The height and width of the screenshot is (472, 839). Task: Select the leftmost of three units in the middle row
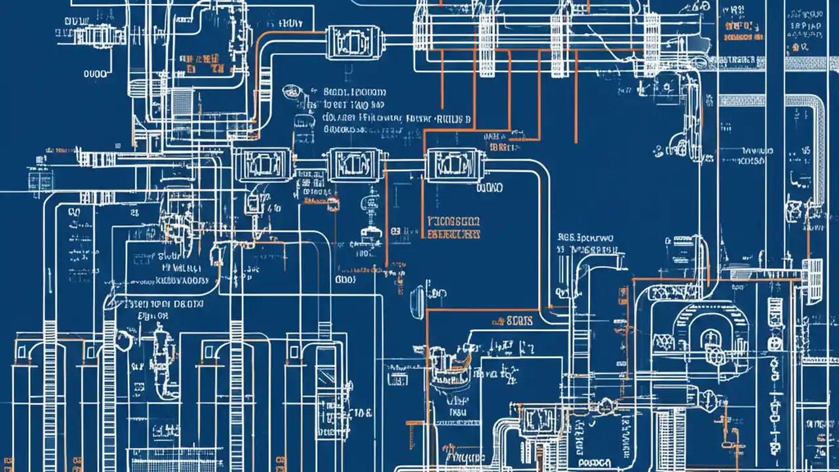(252, 164)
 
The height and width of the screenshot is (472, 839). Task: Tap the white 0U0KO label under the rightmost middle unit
(489, 188)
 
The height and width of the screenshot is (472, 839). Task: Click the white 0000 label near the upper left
(95, 74)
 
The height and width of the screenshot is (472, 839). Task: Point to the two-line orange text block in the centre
(453, 227)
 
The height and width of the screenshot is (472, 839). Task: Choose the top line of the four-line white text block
(355, 92)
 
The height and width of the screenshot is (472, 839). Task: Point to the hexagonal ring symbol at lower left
(123, 338)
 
